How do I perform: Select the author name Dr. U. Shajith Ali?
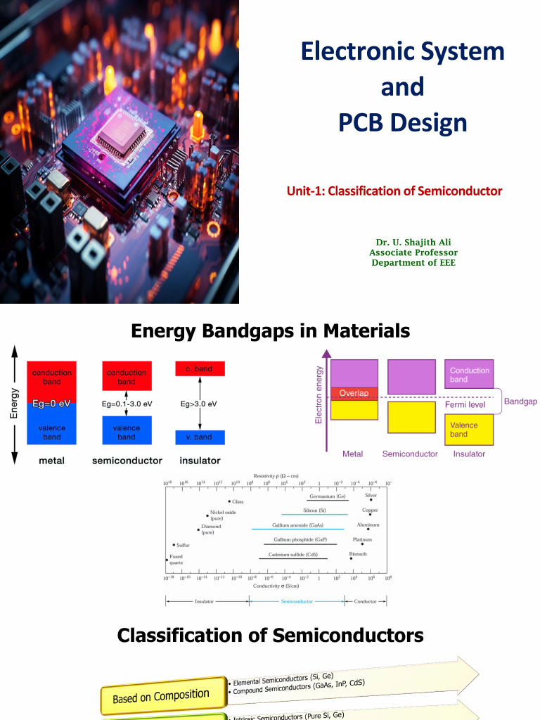click(413, 243)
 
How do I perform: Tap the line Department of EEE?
click(413, 263)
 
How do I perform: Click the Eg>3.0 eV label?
click(199, 404)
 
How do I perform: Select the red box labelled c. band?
click(200, 368)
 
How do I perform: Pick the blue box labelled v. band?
click(200, 437)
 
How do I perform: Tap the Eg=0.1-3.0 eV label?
click(127, 404)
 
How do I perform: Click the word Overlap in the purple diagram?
click(354, 393)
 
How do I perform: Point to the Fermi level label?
click(465, 405)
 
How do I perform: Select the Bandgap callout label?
click(520, 401)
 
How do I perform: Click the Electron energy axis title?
click(320, 394)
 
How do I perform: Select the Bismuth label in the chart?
click(358, 554)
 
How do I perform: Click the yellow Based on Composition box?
click(161, 695)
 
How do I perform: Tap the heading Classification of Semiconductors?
click(270, 636)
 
